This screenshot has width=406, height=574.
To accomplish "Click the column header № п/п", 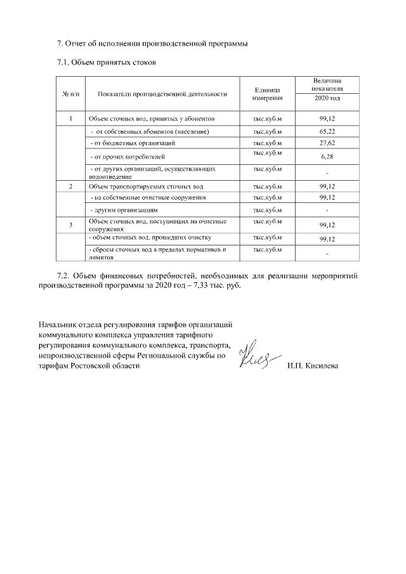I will click(x=71, y=94).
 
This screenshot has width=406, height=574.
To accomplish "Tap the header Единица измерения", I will click(x=267, y=94).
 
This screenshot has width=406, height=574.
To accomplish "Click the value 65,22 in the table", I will click(x=327, y=131).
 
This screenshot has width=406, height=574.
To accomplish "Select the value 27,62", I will click(x=327, y=143).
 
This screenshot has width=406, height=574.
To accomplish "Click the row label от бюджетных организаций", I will click(x=131, y=143).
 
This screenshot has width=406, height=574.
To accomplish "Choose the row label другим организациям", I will click(x=124, y=209).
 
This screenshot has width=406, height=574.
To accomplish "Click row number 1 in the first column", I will click(x=71, y=119).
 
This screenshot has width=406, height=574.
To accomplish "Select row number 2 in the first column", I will click(x=71, y=186).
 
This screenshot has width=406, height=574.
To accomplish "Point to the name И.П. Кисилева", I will click(x=312, y=367).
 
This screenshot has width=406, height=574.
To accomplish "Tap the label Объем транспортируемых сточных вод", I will click(x=146, y=186).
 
